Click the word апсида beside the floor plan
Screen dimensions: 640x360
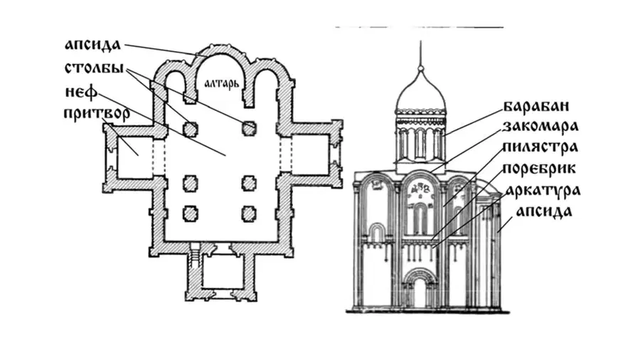[x=93, y=46]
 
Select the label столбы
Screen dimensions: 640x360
[x=95, y=68]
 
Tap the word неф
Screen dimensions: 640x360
[x=82, y=92]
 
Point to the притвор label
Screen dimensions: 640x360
[x=97, y=113]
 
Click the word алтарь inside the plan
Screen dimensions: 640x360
[x=221, y=84]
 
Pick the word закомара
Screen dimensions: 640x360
[x=540, y=127]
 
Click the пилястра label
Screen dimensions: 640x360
[x=540, y=147]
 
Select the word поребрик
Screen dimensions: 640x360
[x=539, y=169]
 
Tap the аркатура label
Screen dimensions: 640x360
[x=543, y=191]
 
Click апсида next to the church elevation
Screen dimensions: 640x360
[x=544, y=211]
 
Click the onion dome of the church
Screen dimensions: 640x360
[x=420, y=90]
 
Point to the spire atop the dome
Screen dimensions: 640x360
[x=420, y=53]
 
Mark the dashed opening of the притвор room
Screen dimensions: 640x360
[x=159, y=156]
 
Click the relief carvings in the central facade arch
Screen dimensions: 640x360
[x=420, y=190]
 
